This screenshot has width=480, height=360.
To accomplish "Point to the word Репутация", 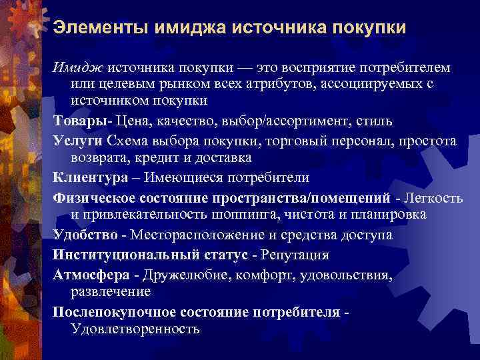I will [x=294, y=255].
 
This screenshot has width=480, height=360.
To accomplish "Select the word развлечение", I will [x=111, y=291].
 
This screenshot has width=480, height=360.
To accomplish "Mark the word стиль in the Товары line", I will [x=376, y=123].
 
